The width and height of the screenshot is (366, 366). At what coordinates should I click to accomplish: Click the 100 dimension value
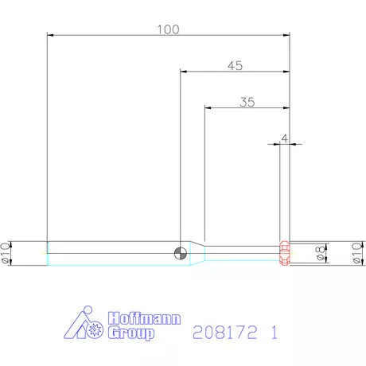169,29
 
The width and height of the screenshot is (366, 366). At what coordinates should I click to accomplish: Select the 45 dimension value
236,66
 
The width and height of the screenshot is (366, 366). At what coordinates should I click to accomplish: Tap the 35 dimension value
247,102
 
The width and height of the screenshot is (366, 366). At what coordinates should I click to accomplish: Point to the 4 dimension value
285,138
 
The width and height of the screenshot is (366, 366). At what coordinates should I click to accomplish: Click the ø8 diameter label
320,253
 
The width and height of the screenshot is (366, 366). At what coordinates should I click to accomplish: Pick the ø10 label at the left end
5,253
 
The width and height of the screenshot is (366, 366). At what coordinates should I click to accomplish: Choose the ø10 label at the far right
356,253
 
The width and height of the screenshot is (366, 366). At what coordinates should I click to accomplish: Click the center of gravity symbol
181,253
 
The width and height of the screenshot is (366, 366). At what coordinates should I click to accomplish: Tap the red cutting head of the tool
285,253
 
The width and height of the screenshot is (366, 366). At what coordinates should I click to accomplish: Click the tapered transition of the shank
197,253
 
